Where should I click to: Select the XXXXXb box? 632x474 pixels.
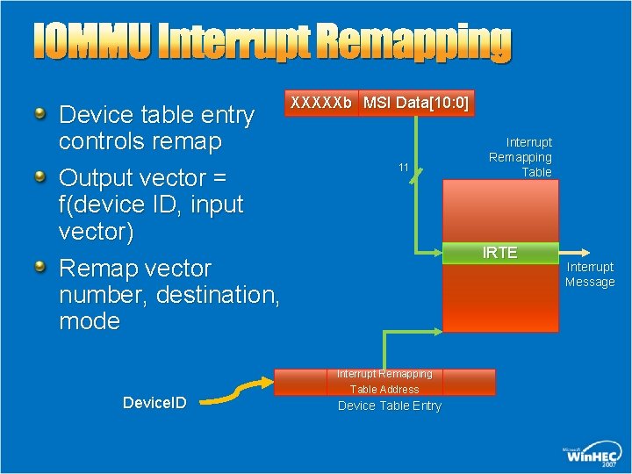pyautogui.click(x=321, y=104)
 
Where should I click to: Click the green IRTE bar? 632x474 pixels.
pyautogui.click(x=500, y=253)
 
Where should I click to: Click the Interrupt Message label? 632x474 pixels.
pyautogui.click(x=590, y=274)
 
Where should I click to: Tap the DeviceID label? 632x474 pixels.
pyautogui.click(x=154, y=403)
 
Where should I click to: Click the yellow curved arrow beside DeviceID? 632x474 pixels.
pyautogui.click(x=234, y=391)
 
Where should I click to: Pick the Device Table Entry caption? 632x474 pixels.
pyautogui.click(x=390, y=406)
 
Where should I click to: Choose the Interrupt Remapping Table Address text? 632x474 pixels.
pyautogui.click(x=384, y=382)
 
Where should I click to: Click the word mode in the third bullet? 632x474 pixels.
pyautogui.click(x=90, y=321)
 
